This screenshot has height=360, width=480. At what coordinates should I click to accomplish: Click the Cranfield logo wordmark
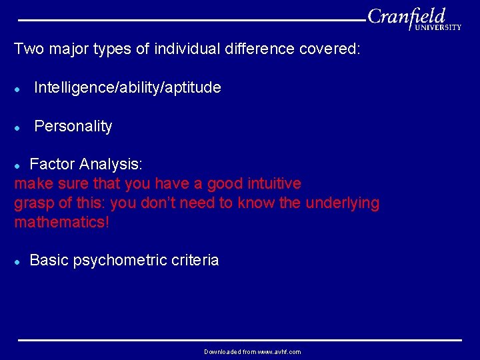coord(406,16)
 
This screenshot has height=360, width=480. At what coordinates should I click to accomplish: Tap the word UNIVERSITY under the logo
coord(437,28)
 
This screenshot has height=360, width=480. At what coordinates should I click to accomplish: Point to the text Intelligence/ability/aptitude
coord(127,87)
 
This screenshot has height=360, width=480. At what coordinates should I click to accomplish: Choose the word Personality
coord(73,126)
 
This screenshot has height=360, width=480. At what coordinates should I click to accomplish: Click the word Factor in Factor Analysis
coord(53,164)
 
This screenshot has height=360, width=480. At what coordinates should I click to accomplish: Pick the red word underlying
coord(342,203)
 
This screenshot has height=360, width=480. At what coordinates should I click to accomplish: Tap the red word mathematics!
coord(61,222)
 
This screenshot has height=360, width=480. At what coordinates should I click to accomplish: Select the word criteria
coord(196,260)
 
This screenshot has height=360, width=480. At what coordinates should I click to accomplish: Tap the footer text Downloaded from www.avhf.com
coord(252,351)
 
